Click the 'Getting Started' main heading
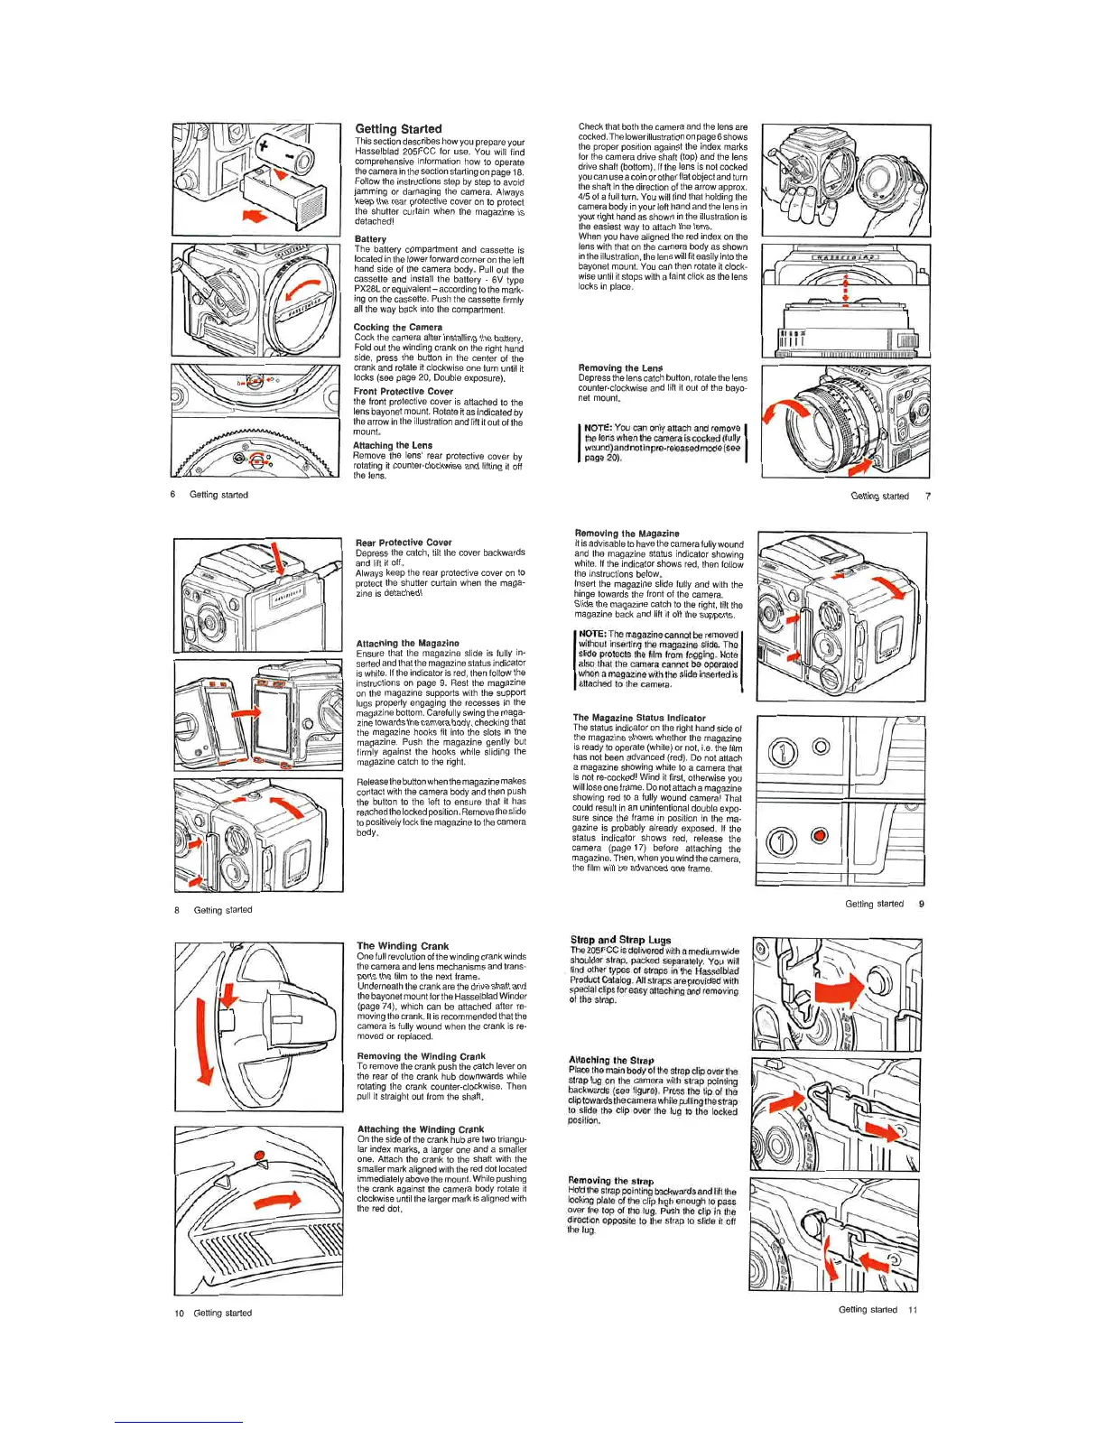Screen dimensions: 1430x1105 pos(398,129)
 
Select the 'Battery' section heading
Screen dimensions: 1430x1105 pos(370,239)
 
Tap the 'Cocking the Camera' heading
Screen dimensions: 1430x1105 pos(397,328)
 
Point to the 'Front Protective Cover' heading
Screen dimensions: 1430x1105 pos(403,392)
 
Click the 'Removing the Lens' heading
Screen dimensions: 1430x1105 pos(620,368)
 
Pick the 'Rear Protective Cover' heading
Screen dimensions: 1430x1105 pos(404,543)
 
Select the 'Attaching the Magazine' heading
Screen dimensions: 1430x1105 pos(407,644)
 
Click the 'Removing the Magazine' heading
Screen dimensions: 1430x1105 pos(627,534)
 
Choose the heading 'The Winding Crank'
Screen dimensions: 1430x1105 pos(403,946)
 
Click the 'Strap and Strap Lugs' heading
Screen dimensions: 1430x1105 pos(620,940)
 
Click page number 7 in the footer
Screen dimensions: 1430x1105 pos(927,497)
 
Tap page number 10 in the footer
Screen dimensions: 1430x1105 pos(180,1314)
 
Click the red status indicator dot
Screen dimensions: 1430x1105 pos(819,835)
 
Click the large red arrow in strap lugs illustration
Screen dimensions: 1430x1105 pos(838,990)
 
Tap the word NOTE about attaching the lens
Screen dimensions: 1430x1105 pos(598,429)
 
